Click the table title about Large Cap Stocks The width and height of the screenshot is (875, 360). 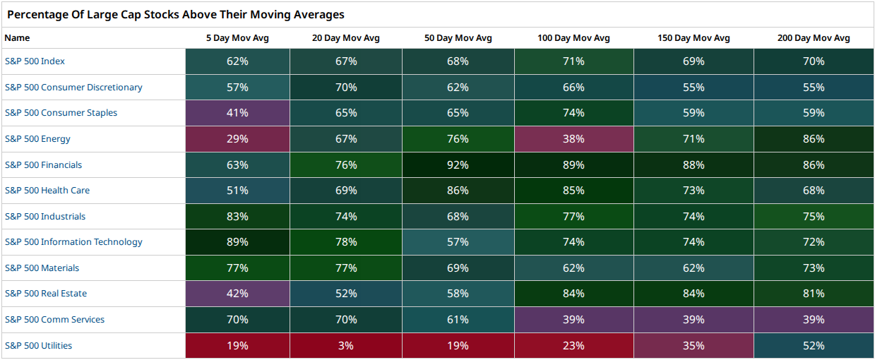click(176, 15)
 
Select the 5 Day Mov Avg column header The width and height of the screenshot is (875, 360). click(237, 38)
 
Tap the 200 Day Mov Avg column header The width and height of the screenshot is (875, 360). click(814, 38)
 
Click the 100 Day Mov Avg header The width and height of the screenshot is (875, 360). click(573, 38)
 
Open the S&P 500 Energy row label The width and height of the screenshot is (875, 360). click(37, 139)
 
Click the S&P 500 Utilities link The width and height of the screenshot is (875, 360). click(38, 346)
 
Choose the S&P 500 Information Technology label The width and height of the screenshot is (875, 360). click(73, 242)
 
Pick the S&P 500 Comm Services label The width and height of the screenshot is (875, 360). click(54, 319)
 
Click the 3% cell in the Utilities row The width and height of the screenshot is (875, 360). click(346, 346)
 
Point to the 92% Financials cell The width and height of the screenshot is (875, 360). click(458, 164)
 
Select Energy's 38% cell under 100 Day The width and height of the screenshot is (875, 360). click(574, 139)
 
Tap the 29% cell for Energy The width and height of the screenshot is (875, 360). click(237, 139)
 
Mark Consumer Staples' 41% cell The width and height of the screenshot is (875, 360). click(237, 113)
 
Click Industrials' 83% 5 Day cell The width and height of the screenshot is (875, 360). click(237, 216)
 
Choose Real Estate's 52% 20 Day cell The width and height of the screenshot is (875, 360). click(346, 293)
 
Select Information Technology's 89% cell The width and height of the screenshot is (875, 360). click(237, 242)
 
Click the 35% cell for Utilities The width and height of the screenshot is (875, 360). click(694, 346)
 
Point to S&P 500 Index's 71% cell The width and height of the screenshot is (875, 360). click(574, 61)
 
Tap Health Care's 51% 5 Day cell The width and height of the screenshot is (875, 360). click(237, 191)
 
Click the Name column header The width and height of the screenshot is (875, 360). click(17, 38)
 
